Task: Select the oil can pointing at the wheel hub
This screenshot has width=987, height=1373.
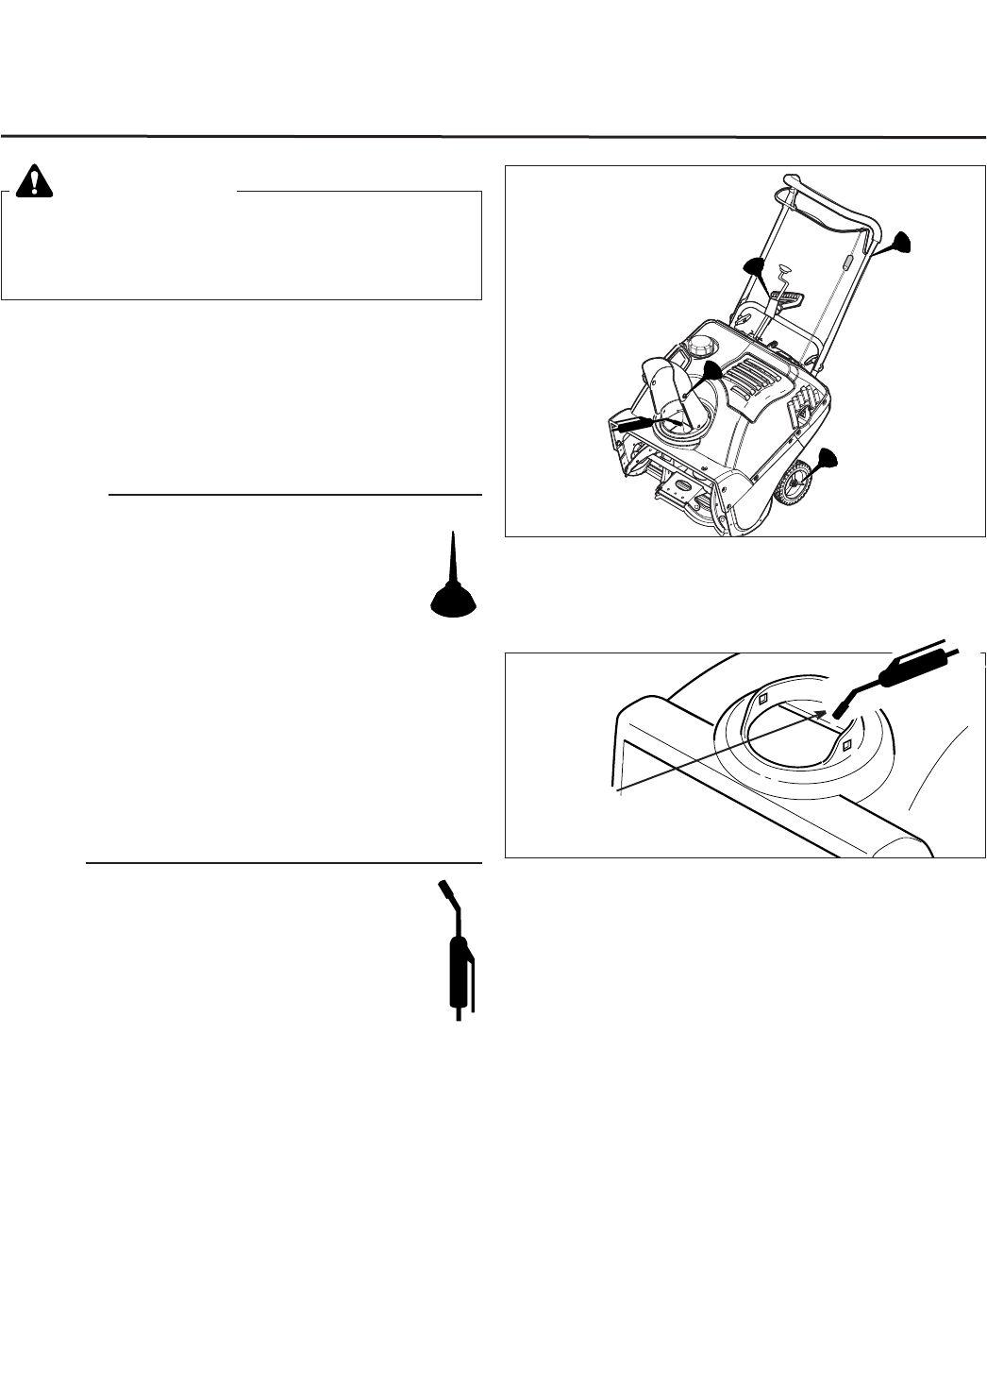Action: [x=826, y=460]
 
